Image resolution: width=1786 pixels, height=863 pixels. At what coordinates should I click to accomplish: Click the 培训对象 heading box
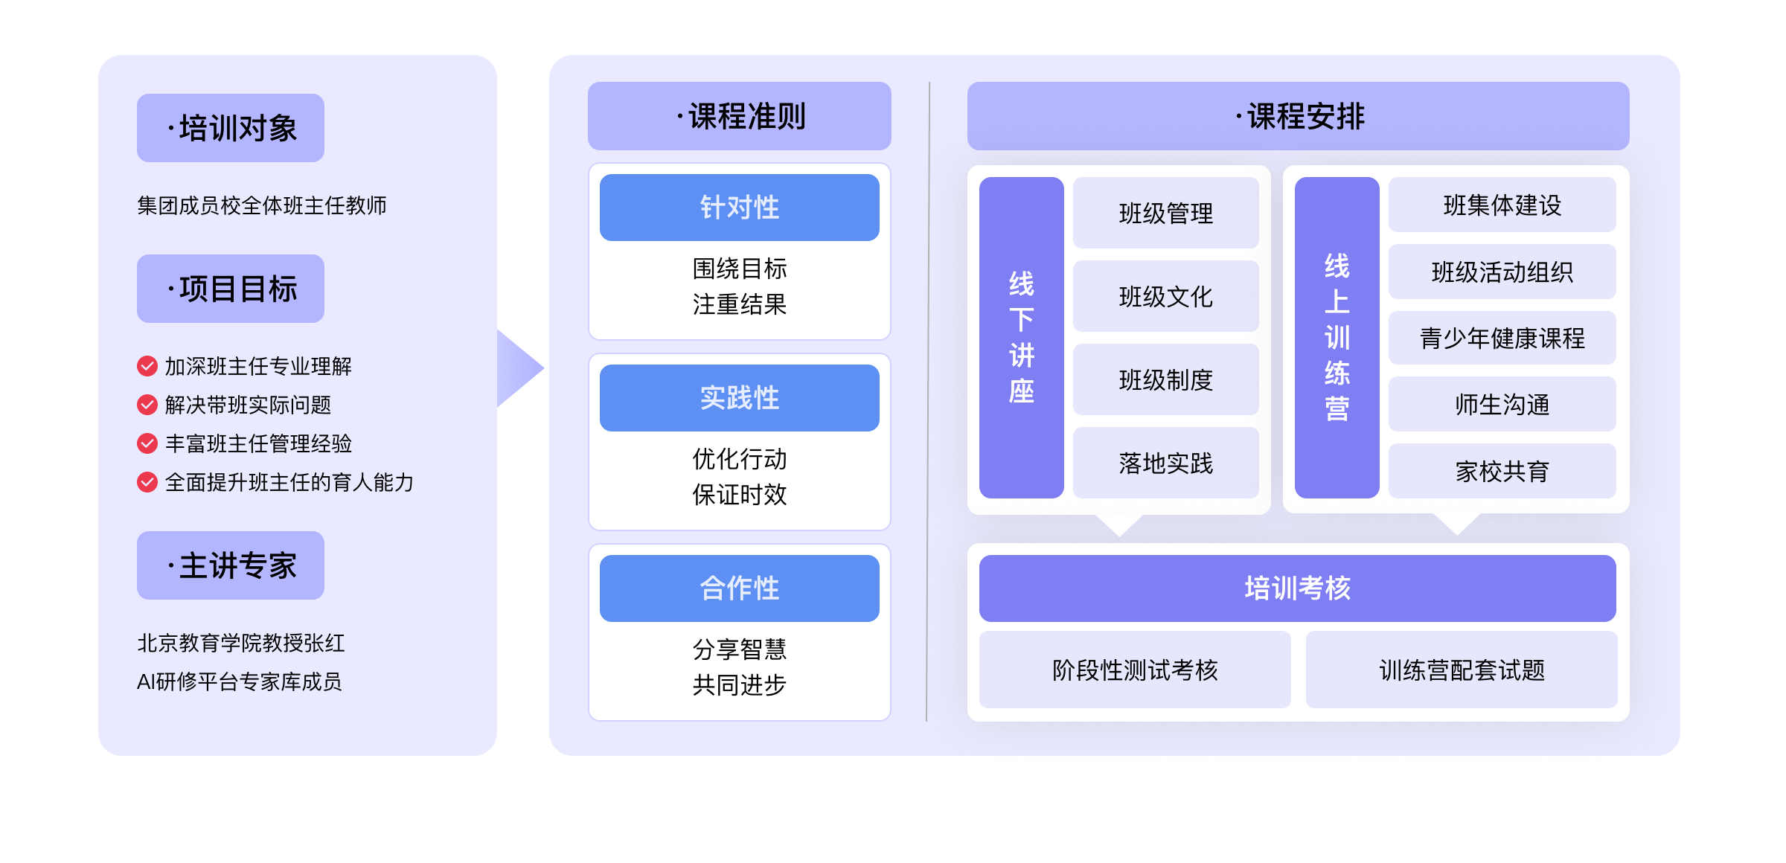click(231, 128)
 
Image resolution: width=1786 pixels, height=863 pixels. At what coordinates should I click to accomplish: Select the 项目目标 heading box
click(231, 289)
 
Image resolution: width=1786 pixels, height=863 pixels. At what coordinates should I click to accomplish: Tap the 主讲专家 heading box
click(231, 565)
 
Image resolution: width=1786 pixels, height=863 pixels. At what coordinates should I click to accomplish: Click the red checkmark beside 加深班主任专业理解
click(147, 366)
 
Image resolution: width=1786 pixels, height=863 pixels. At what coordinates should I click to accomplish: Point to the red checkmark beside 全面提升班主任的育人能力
click(147, 482)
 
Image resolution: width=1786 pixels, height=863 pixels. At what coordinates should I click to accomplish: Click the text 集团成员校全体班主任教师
click(262, 205)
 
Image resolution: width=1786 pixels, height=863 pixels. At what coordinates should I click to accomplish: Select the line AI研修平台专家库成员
click(240, 681)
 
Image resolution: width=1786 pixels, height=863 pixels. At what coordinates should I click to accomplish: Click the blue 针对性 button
click(739, 208)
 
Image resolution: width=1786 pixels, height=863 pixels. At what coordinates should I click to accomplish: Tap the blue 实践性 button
click(739, 398)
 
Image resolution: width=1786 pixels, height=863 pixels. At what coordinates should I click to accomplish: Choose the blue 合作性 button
click(739, 588)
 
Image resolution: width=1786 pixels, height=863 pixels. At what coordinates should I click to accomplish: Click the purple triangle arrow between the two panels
click(519, 368)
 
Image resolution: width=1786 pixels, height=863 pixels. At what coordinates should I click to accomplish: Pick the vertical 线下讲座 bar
click(1021, 338)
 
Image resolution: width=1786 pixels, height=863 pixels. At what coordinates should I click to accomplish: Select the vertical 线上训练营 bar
click(1337, 338)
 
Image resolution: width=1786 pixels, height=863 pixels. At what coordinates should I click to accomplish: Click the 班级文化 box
click(1165, 296)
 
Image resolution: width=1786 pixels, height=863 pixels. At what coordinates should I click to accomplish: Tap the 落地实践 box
click(1165, 463)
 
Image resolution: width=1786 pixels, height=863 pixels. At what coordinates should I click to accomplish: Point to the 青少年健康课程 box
click(1502, 338)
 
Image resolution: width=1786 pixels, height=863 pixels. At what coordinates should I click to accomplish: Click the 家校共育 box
click(1502, 471)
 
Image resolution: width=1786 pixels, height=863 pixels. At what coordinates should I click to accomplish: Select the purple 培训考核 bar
click(1297, 588)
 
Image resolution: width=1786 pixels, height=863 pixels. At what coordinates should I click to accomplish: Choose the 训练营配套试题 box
click(1462, 670)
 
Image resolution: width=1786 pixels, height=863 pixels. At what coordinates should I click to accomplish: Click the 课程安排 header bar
click(1298, 116)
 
